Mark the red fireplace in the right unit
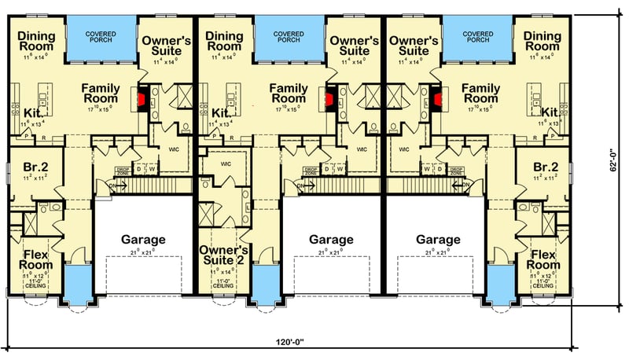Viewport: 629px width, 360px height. click(440, 100)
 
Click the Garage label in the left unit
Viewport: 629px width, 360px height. click(142, 239)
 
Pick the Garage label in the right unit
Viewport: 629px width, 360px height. click(438, 239)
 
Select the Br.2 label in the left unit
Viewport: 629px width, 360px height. click(32, 167)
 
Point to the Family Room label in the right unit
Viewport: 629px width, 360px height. click(481, 94)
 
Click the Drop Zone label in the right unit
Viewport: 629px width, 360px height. click(455, 169)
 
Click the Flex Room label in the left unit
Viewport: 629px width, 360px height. click(35, 259)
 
